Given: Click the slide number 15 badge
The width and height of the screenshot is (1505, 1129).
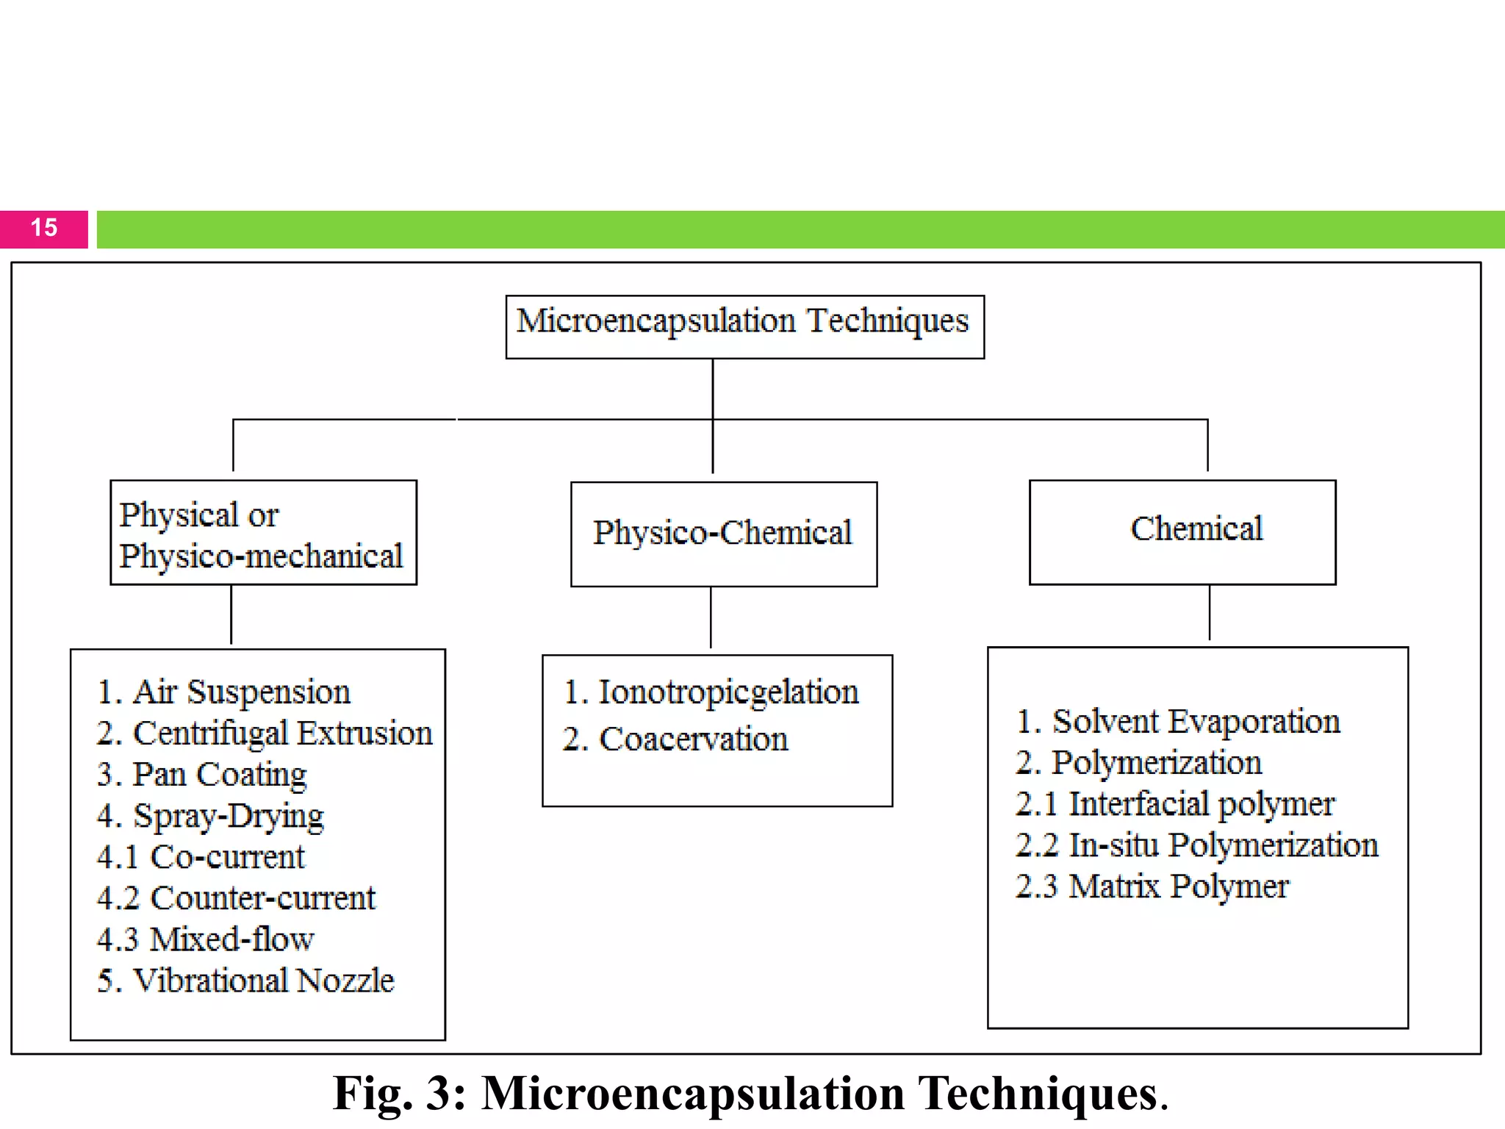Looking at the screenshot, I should coord(44,229).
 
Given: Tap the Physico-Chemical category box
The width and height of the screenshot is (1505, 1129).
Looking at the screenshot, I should coord(723,533).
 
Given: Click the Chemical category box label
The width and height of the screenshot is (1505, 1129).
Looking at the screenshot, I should coord(1196,529).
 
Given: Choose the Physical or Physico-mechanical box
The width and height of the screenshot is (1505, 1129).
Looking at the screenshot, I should coord(263,533).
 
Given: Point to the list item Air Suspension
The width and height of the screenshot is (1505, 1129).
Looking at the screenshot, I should coord(224,692).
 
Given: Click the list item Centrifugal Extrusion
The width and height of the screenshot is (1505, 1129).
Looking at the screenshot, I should coord(265,734).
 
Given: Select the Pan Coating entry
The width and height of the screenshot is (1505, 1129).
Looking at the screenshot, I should coord(202,775).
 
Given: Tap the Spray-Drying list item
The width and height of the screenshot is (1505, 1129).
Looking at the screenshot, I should coord(210,816).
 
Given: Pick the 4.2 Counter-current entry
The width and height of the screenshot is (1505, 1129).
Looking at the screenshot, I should coord(236,898).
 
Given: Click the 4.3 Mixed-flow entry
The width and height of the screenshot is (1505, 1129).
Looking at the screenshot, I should coord(206,939).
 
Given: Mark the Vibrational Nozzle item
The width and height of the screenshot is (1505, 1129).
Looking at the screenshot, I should coord(246,981).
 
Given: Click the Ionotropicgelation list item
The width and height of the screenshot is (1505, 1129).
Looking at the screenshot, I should coord(711,692).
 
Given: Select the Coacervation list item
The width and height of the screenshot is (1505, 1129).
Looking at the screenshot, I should coord(676,739).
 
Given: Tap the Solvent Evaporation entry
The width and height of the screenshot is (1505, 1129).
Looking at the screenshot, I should coord(1178,722).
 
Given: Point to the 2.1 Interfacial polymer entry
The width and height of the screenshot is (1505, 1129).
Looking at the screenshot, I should coord(1174,804).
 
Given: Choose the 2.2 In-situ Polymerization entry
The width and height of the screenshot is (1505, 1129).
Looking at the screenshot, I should coord(1196,845).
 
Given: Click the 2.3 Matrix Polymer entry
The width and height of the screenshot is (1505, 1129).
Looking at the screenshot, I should coord(1152,886).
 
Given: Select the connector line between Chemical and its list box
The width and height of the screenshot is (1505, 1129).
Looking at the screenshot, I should coord(1209,612).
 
